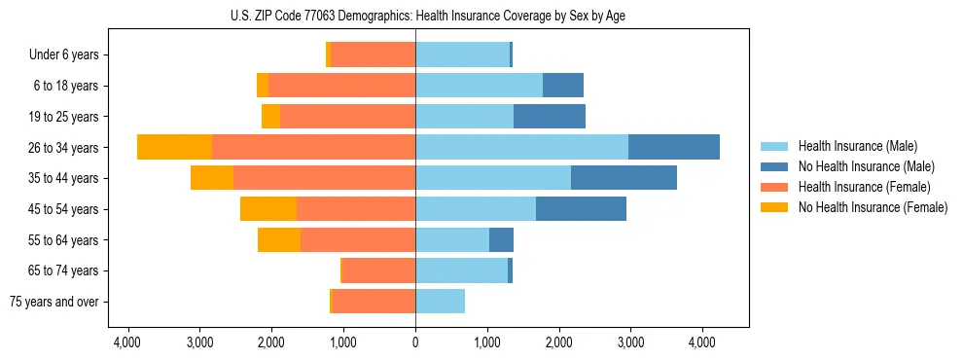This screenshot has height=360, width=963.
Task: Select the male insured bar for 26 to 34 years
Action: tap(521, 147)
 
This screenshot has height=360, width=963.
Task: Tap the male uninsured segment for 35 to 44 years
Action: tap(624, 178)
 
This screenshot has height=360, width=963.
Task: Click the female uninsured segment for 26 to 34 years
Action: tap(174, 147)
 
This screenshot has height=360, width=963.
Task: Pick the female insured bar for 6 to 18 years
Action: tap(341, 86)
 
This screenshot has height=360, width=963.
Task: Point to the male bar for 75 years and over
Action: tap(440, 302)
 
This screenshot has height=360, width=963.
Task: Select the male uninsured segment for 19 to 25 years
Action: tap(550, 117)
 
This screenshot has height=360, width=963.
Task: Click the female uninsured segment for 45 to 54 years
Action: tap(268, 209)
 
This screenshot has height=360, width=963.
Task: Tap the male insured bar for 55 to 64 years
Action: tap(452, 240)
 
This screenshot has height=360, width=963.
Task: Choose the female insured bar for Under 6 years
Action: tap(373, 54)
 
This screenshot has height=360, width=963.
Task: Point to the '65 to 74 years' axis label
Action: tap(63, 270)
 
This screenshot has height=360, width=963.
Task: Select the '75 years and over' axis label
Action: tap(54, 302)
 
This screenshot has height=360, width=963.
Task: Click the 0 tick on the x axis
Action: tap(415, 342)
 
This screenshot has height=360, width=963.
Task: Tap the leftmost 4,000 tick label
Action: tap(128, 342)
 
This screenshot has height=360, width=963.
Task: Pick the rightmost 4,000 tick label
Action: tap(702, 342)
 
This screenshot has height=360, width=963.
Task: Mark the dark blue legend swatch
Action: tap(774, 166)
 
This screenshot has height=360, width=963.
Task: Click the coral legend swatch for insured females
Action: tap(774, 187)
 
